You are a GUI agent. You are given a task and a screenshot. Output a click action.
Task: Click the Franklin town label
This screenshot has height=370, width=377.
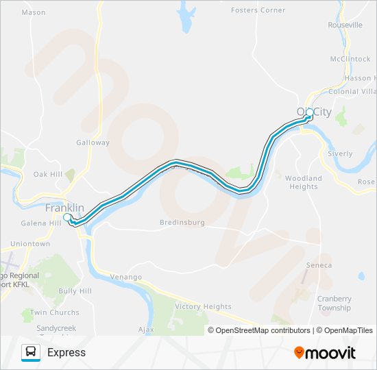(x=64, y=208)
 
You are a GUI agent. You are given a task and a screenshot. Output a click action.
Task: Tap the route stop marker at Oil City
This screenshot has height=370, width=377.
(x=310, y=112)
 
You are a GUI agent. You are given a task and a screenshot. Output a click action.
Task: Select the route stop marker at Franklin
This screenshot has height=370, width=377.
(x=67, y=217)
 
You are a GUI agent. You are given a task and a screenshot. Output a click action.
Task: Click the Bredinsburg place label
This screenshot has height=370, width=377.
(x=182, y=223)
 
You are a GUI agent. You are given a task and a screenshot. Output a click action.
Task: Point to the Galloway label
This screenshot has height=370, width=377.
(x=93, y=143)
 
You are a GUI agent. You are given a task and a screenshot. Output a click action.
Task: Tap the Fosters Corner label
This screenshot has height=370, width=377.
(x=258, y=10)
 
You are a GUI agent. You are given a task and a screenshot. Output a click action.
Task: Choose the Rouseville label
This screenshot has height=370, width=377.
(x=346, y=25)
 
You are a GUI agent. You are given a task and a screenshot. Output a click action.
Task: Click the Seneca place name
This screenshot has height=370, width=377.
(x=319, y=265)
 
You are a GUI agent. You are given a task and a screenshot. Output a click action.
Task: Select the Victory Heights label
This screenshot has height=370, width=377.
(x=203, y=306)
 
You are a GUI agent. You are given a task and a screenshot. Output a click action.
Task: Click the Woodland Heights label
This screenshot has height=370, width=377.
(x=303, y=182)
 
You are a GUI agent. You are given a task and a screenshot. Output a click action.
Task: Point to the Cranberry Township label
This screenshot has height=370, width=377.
(x=334, y=303)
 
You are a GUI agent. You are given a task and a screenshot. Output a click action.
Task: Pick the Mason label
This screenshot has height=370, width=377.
(x=34, y=12)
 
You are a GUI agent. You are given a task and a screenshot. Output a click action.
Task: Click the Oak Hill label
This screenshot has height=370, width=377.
(x=48, y=175)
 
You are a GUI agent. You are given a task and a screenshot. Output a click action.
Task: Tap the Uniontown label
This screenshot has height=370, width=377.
(x=30, y=243)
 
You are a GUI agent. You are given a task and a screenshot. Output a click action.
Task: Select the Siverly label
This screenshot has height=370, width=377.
(x=340, y=154)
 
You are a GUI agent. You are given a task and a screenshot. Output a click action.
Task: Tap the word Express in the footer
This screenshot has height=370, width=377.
(x=66, y=352)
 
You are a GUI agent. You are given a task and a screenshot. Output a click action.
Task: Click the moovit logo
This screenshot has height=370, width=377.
(x=325, y=353)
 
